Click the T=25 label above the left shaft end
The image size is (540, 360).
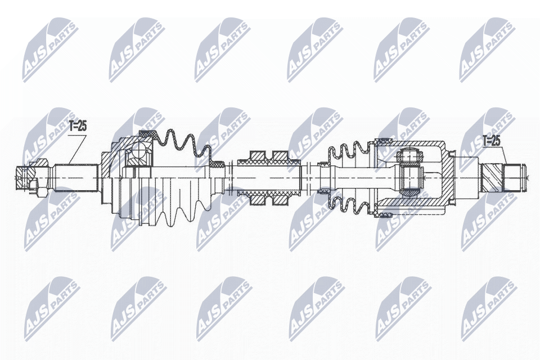click(x=78, y=126)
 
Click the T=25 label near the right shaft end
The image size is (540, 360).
click(x=490, y=141)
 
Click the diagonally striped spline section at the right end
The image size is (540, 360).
click(x=492, y=177)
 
